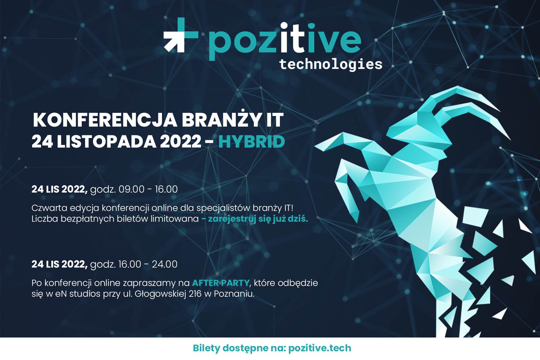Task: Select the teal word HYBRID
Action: [251, 142]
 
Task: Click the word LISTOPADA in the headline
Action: [106, 142]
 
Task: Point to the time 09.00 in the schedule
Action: [131, 189]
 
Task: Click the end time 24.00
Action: [164, 264]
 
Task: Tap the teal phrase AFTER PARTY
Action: [221, 283]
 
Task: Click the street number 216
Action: [195, 294]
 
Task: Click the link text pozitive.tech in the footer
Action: [319, 348]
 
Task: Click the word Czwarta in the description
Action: [49, 208]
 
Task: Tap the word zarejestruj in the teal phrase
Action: [232, 219]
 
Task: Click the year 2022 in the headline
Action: [181, 142]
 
